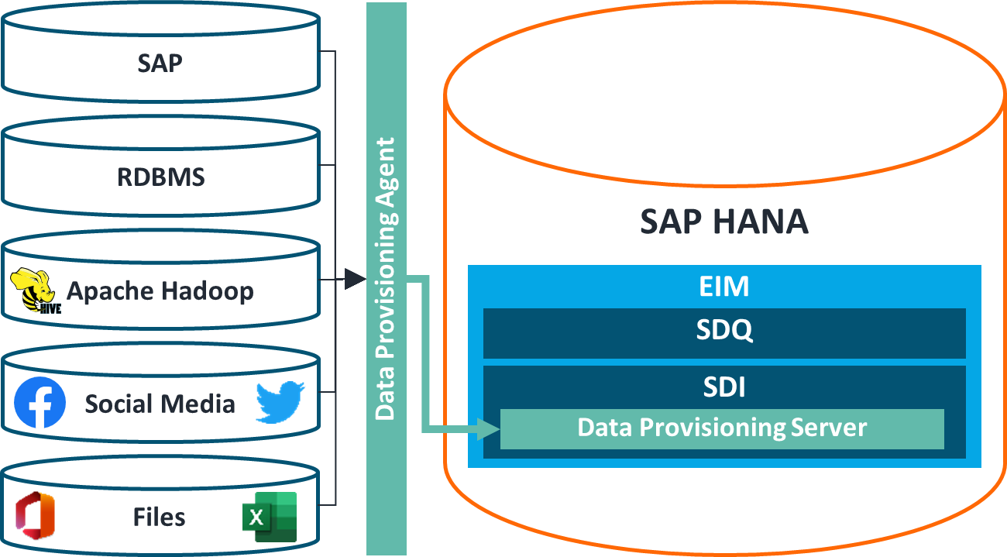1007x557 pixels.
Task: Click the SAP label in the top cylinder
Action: tap(160, 63)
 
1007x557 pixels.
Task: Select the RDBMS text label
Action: tap(160, 177)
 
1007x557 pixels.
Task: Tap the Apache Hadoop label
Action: tap(160, 291)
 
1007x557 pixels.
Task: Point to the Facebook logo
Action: tap(40, 403)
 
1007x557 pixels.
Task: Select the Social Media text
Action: tap(160, 404)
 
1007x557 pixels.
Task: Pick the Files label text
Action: tap(159, 517)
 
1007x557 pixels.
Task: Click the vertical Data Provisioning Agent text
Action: tap(385, 279)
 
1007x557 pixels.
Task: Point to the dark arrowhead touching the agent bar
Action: tap(355, 279)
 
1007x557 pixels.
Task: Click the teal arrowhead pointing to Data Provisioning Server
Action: tap(488, 428)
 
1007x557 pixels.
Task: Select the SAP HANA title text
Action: tap(723, 222)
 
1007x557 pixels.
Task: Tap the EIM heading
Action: tap(723, 287)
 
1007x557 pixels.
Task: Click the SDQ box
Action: tap(723, 332)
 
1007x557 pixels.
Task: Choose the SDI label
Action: tap(723, 386)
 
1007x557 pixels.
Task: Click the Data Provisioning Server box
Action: tap(721, 428)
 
